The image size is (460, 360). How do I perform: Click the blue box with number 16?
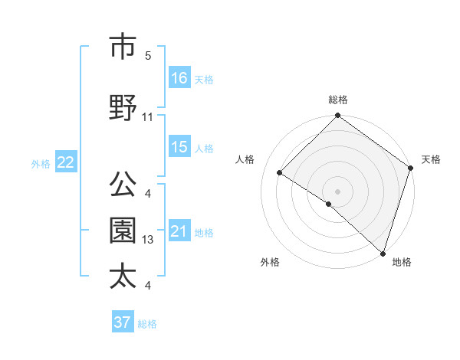point(179,78)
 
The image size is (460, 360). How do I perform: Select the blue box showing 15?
point(179,147)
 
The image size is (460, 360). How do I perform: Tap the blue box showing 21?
point(179,231)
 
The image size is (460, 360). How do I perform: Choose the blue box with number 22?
point(66,162)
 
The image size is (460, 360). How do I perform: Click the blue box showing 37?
point(123,322)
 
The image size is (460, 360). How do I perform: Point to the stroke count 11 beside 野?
point(148,117)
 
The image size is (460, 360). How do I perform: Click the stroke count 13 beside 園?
point(148,241)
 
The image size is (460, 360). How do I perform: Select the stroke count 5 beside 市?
point(148,56)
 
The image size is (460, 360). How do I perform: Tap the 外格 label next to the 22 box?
point(41,163)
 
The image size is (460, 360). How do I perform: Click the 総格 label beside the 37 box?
point(147,323)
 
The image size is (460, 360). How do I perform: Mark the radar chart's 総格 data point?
point(337,116)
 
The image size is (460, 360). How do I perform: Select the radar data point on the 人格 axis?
point(280,173)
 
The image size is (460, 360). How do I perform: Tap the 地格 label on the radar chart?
point(402,262)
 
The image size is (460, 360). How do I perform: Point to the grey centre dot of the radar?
point(337,191)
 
